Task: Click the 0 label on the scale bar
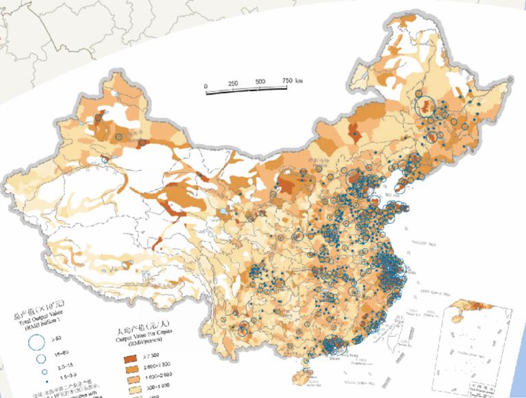pyautogui.click(x=206, y=86)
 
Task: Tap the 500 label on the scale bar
pyautogui.click(x=260, y=82)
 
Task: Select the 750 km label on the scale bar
pyautogui.click(x=294, y=81)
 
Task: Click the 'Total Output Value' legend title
pyautogui.click(x=34, y=323)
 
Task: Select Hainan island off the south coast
pyautogui.click(x=303, y=376)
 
